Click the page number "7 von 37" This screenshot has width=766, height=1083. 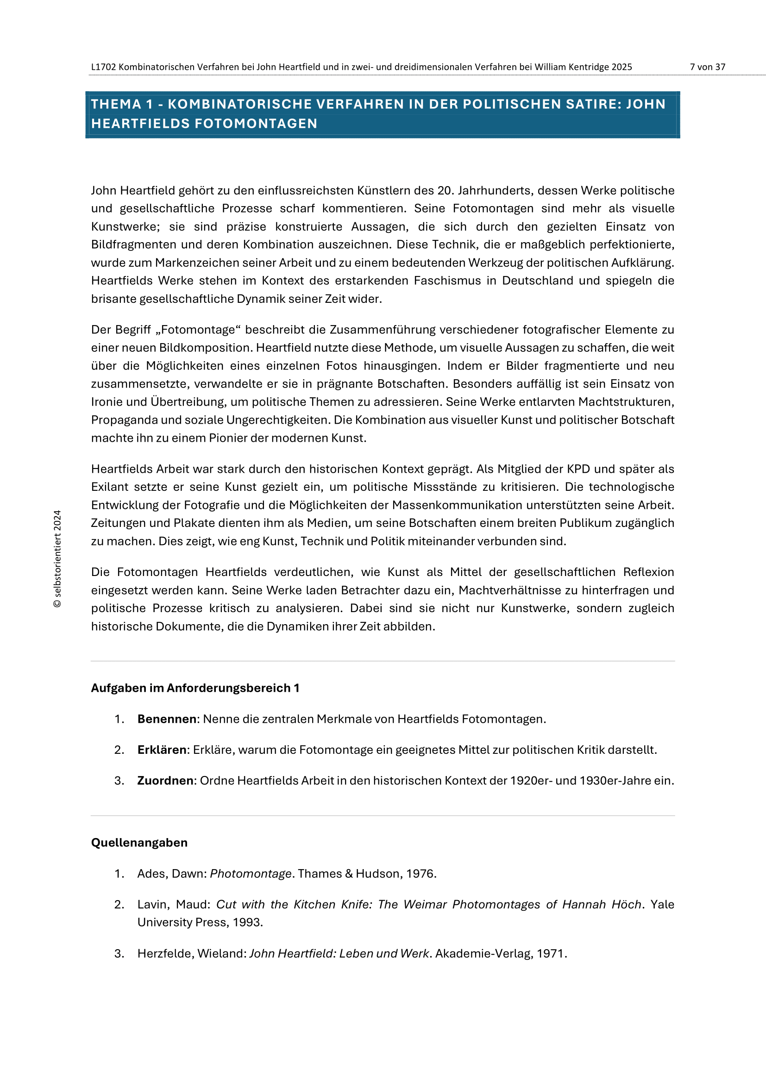(x=707, y=67)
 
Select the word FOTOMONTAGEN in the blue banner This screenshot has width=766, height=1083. (x=256, y=124)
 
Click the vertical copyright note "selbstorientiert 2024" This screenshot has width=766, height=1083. (x=57, y=558)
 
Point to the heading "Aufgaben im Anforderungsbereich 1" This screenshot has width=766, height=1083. (x=195, y=688)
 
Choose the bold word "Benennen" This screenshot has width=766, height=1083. (x=167, y=719)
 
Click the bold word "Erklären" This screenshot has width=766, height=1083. (x=162, y=750)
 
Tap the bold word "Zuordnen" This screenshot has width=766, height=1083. (x=165, y=781)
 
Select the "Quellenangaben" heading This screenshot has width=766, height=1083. (x=139, y=842)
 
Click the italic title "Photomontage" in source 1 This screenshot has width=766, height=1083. (x=251, y=874)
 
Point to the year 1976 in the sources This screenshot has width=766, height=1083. (x=420, y=874)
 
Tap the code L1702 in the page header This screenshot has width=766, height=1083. (x=103, y=67)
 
